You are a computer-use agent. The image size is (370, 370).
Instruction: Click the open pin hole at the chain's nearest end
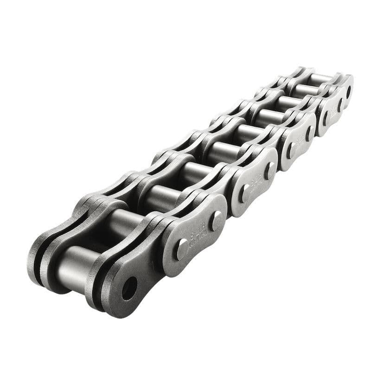[x=129, y=288]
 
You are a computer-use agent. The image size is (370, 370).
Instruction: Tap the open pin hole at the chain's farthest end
[x=348, y=92]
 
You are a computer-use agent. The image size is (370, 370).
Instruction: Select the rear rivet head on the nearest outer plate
[x=216, y=221]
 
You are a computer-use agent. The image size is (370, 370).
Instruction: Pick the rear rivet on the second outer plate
[x=269, y=171]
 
